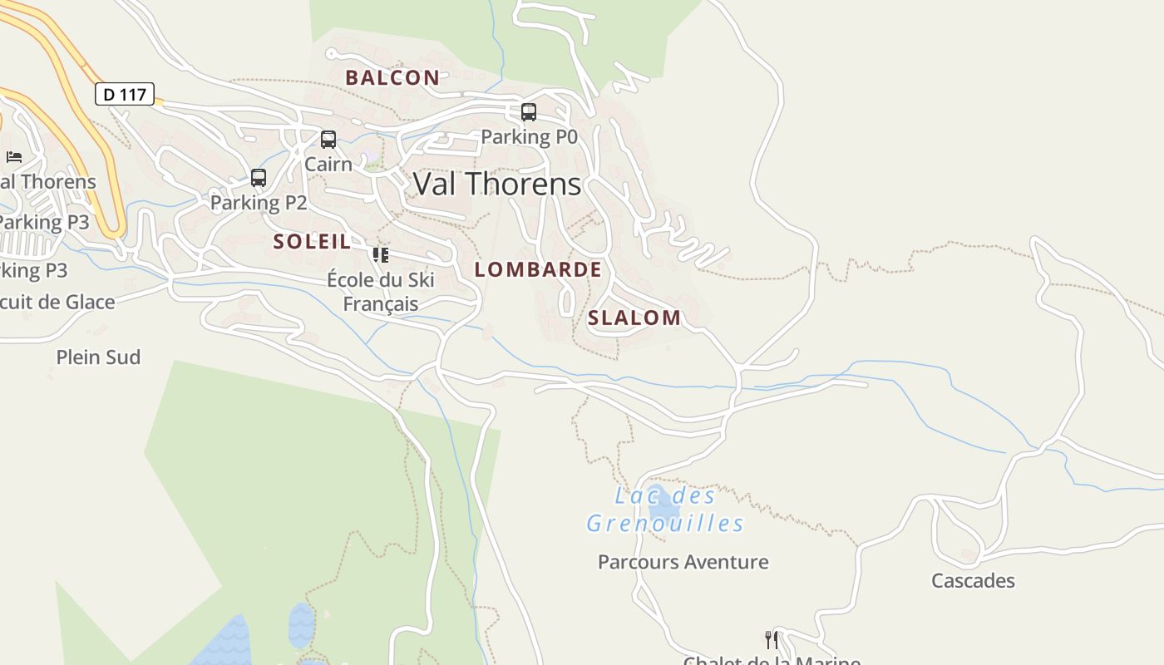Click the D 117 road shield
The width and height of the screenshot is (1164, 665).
(x=125, y=94)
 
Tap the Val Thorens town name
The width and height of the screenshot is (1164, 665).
(x=496, y=184)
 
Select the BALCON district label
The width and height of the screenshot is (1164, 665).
(x=392, y=78)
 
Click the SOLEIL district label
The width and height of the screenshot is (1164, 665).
(x=313, y=242)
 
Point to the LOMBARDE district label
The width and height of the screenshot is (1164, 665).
(x=538, y=269)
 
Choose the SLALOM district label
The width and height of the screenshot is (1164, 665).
(x=634, y=318)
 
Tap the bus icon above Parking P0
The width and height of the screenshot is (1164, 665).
(x=529, y=112)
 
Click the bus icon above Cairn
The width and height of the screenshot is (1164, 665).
(x=328, y=140)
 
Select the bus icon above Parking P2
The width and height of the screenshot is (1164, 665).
(x=259, y=178)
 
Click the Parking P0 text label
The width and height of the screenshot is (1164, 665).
(x=529, y=136)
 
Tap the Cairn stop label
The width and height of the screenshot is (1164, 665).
(x=328, y=164)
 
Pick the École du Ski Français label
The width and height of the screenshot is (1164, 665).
(x=381, y=292)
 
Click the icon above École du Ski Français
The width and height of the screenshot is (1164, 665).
(x=381, y=255)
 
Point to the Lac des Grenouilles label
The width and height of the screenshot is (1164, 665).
(x=664, y=510)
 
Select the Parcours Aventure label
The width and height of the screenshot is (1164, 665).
(x=683, y=562)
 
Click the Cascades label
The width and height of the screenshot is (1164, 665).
(x=973, y=580)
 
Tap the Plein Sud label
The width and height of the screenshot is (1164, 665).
(x=98, y=357)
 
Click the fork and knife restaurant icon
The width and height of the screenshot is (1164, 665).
(x=772, y=639)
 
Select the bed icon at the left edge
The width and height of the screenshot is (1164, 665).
(x=14, y=156)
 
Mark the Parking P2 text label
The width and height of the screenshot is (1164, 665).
(x=259, y=202)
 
